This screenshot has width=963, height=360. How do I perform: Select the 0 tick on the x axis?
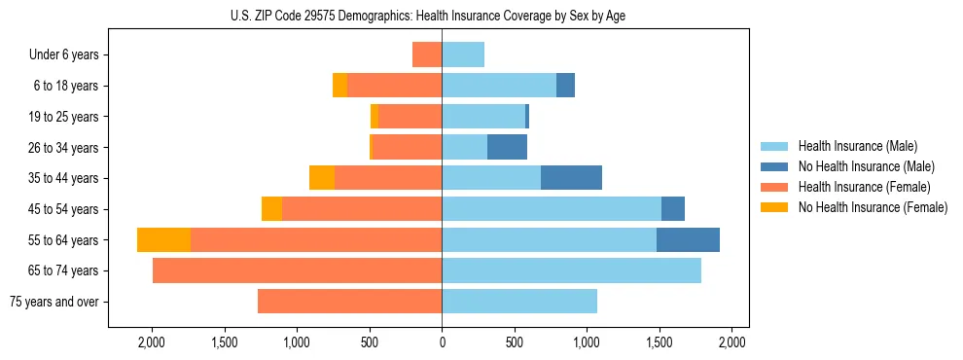[442, 342]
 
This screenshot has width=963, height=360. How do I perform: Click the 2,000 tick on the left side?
[152, 342]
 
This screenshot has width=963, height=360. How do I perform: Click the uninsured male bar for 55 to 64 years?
[688, 240]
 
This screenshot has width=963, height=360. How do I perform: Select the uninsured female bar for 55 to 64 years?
[163, 240]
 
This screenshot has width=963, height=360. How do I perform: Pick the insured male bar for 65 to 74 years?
[571, 270]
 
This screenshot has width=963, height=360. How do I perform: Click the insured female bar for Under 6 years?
[427, 54]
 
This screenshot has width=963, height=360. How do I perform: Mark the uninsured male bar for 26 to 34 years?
[507, 147]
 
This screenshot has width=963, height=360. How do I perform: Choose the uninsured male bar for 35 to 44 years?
[571, 178]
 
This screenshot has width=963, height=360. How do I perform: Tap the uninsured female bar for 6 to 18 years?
[339, 86]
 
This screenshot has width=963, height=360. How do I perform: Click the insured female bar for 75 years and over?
[349, 302]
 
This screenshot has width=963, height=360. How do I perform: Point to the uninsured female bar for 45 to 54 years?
[271, 209]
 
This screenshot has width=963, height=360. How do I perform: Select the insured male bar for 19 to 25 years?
[483, 117]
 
